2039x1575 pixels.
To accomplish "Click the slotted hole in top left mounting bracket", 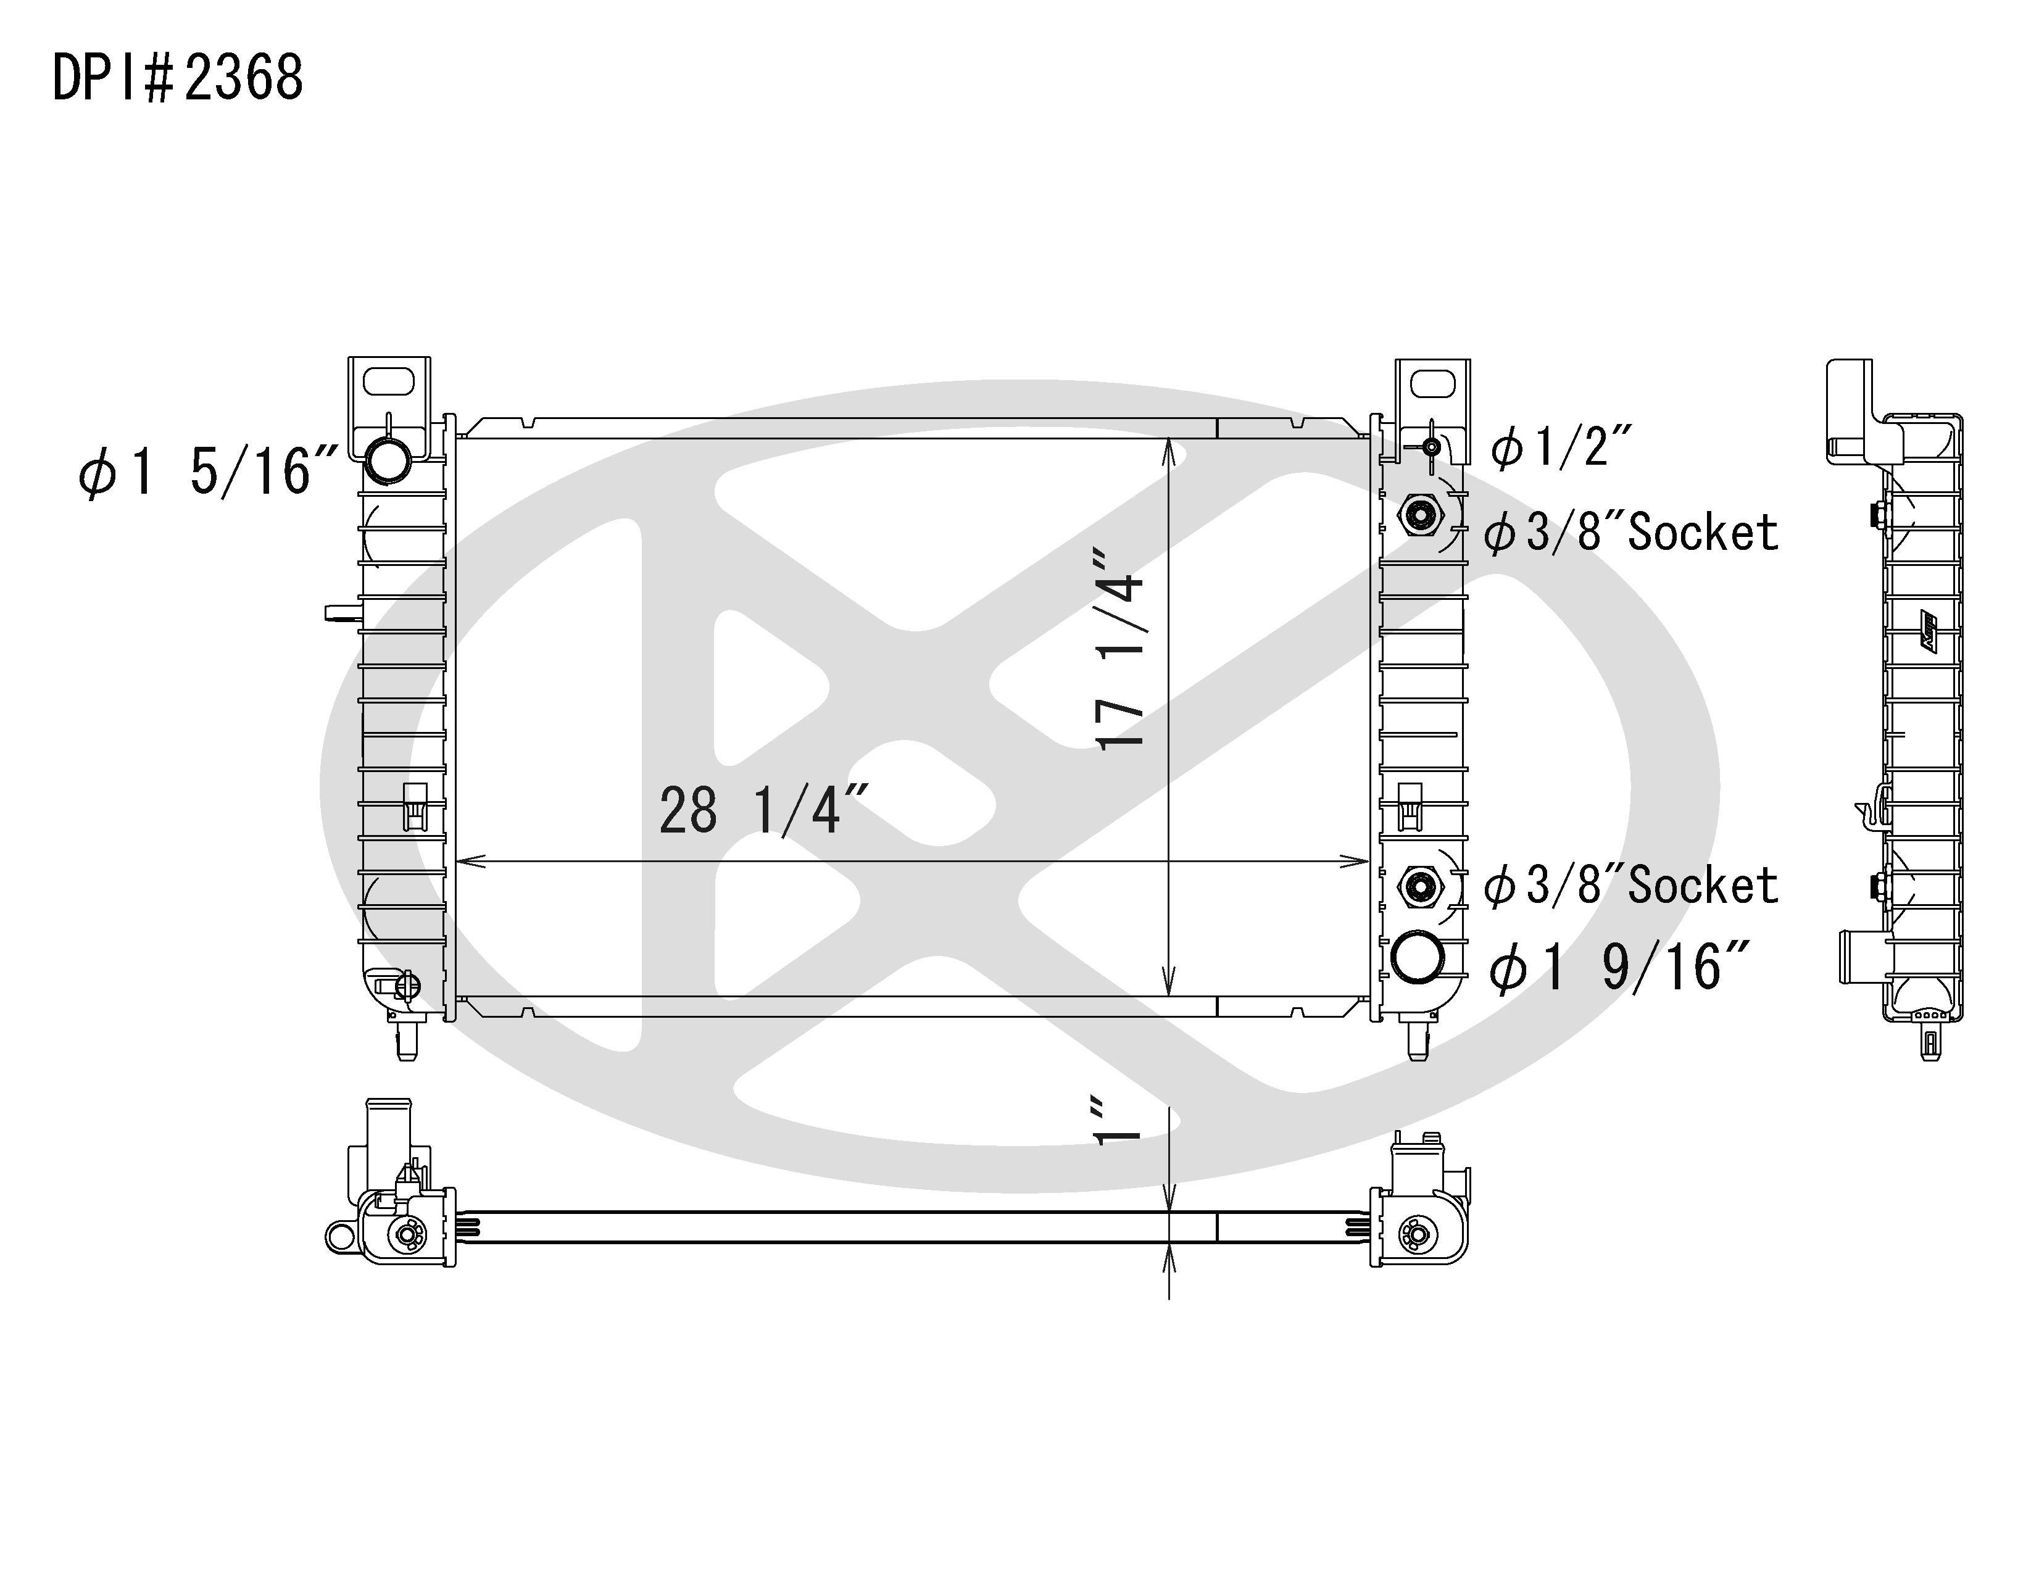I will tap(388, 382).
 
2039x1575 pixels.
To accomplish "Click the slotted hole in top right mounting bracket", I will tap(1431, 384).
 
